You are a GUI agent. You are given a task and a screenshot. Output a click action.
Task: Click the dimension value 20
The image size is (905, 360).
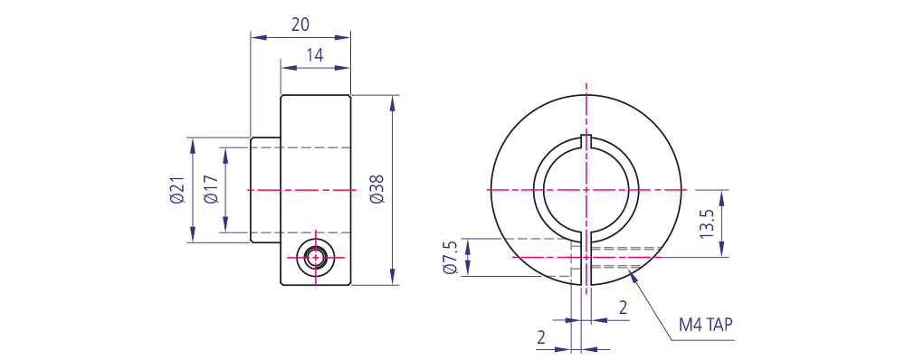pos(300,24)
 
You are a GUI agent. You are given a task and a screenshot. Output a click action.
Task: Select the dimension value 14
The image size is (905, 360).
pos(315,55)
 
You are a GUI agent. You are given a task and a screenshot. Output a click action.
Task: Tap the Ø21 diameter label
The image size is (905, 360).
pos(177,190)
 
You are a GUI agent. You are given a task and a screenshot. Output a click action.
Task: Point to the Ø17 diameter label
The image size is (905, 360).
pos(211,190)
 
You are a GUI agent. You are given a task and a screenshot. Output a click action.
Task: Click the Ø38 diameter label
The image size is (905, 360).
pos(376,189)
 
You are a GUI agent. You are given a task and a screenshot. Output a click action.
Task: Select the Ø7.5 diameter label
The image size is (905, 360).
pos(451,258)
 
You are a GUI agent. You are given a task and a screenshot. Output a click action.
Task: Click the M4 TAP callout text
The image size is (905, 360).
pos(705,326)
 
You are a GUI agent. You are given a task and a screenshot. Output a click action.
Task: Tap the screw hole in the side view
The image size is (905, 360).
pos(315,257)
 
